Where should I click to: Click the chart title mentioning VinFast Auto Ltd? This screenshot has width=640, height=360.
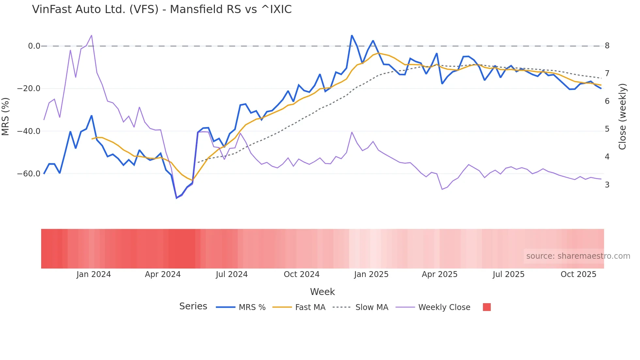pyautogui.click(x=162, y=9)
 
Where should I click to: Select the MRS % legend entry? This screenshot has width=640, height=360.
pyautogui.click(x=252, y=307)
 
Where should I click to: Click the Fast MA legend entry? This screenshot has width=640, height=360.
pyautogui.click(x=310, y=307)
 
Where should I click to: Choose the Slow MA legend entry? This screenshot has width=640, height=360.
pyautogui.click(x=372, y=307)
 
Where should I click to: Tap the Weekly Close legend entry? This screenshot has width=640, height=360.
pyautogui.click(x=444, y=307)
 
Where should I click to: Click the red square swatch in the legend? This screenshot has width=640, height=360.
pyautogui.click(x=487, y=307)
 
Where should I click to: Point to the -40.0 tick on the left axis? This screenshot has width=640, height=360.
pyautogui.click(x=29, y=131)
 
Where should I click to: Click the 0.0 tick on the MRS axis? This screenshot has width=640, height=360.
pyautogui.click(x=34, y=46)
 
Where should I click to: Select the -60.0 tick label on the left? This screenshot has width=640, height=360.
pyautogui.click(x=29, y=174)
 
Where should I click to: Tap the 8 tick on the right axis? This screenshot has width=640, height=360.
pyautogui.click(x=607, y=46)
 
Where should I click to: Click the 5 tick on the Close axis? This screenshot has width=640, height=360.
pyautogui.click(x=607, y=129)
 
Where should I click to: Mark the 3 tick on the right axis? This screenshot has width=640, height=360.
pyautogui.click(x=607, y=185)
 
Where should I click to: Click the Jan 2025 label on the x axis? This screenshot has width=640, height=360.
pyautogui.click(x=371, y=274)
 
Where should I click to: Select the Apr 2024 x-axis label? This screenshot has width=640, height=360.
pyautogui.click(x=163, y=274)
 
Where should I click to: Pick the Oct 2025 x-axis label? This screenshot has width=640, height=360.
pyautogui.click(x=578, y=274)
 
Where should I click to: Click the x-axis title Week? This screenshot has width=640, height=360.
pyautogui.click(x=322, y=292)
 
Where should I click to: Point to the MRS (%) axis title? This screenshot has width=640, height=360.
pyautogui.click(x=6, y=117)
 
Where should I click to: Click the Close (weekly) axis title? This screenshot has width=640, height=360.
pyautogui.click(x=622, y=117)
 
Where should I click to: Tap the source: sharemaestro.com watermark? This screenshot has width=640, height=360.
pyautogui.click(x=578, y=256)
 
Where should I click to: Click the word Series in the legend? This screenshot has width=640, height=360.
pyautogui.click(x=193, y=306)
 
